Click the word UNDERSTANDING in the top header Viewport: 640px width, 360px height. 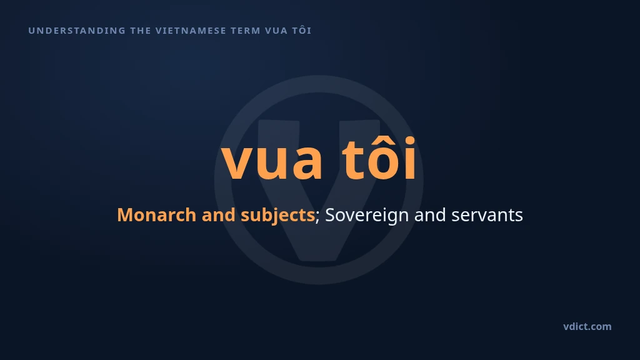click(77, 31)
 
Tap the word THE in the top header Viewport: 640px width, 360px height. click(141, 31)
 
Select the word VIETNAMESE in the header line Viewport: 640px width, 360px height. click(191, 31)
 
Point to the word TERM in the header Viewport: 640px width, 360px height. click(246, 31)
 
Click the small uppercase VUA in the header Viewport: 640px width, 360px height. click(276, 31)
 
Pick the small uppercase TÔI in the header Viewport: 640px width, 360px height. click(302, 30)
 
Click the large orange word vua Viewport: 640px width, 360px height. click(272, 161)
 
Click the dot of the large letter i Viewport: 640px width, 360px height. click(409, 141)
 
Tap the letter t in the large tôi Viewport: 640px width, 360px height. click(352, 159)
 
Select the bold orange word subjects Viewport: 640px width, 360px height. click(277, 216)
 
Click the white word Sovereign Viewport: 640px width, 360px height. click(367, 216)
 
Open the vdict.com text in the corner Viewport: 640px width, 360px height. click(587, 326)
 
